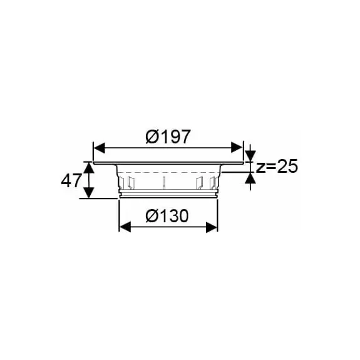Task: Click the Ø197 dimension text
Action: pos(168,136)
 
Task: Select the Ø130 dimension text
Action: pos(167,215)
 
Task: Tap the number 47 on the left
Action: pos(71,181)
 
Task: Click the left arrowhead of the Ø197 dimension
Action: pos(98,148)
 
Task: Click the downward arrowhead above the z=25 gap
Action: pos(250,156)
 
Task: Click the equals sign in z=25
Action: pos(270,167)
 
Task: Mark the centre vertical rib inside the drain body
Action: pos(163,184)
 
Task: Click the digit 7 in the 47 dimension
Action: pos(76,181)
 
